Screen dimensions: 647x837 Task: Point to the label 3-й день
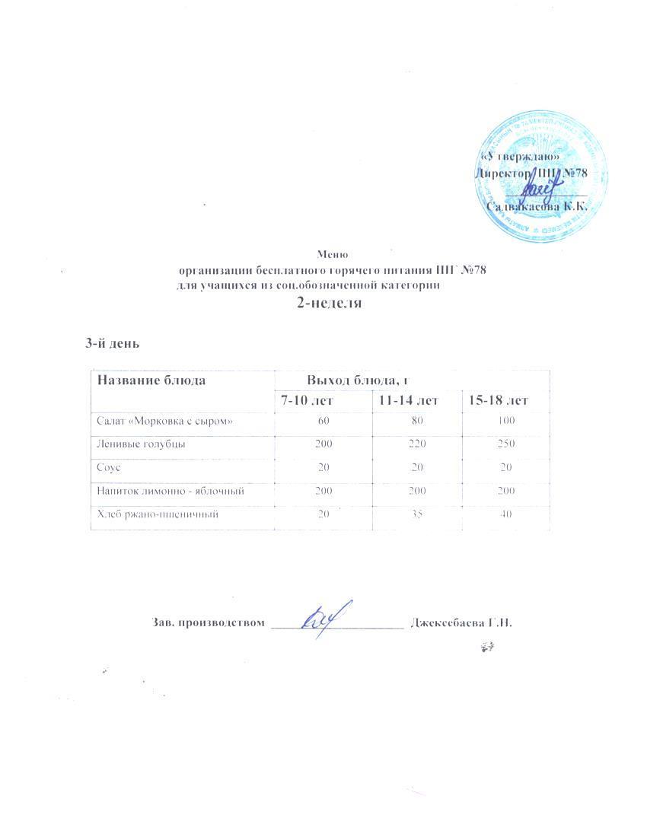coord(112,343)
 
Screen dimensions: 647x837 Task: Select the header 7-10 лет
coord(308,400)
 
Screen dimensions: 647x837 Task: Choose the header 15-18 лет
coord(499,400)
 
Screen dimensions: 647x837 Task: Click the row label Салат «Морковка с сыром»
coord(164,420)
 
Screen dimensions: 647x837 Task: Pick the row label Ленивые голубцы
coord(140,443)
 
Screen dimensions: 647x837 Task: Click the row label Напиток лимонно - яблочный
coord(170,492)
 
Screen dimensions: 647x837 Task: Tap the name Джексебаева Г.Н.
coord(461,622)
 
